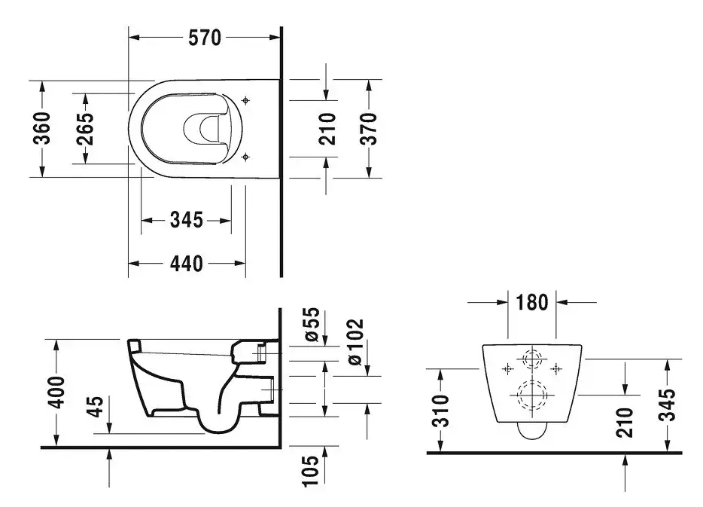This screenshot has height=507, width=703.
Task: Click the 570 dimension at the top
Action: (x=205, y=38)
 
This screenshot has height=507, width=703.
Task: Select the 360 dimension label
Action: (x=42, y=128)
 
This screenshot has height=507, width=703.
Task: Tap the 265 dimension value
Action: (x=85, y=129)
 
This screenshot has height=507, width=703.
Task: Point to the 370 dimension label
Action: (x=369, y=129)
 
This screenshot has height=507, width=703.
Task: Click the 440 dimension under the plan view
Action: (x=187, y=264)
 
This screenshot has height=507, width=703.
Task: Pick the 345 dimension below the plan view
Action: (x=187, y=220)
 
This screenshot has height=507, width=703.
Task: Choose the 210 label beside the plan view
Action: (x=327, y=129)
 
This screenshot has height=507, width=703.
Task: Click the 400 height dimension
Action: (x=57, y=393)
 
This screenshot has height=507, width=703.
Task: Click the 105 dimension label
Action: (x=310, y=471)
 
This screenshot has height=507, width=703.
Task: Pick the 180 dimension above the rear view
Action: (x=531, y=302)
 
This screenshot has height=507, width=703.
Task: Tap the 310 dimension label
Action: (x=442, y=411)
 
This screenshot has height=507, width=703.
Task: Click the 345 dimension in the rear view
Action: (x=667, y=405)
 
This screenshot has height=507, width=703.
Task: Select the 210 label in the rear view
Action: (x=624, y=422)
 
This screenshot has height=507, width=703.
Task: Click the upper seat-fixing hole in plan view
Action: (x=245, y=100)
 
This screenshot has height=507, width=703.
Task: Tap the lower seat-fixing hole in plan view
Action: (x=245, y=157)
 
